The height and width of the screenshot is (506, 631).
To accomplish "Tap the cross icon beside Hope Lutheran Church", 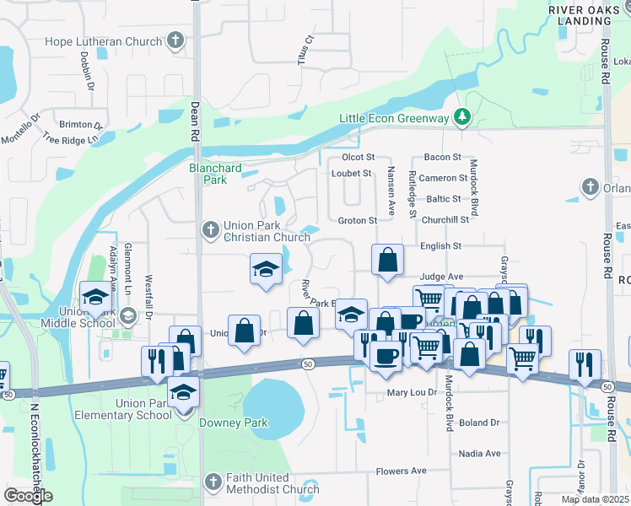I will click(x=175, y=40).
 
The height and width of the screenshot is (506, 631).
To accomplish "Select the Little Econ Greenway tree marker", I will click(x=461, y=117).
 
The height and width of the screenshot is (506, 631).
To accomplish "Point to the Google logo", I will click(x=27, y=496).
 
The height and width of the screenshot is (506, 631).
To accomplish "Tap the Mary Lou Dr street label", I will click(x=412, y=393).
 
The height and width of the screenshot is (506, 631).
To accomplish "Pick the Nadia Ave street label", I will click(x=481, y=453).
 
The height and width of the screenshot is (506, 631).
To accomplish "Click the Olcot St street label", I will click(x=357, y=158).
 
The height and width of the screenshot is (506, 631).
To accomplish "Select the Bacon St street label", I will click(x=443, y=158).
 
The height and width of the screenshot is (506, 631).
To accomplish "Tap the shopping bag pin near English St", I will click(x=387, y=261).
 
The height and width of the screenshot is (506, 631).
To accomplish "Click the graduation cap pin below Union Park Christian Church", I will click(x=266, y=269).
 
